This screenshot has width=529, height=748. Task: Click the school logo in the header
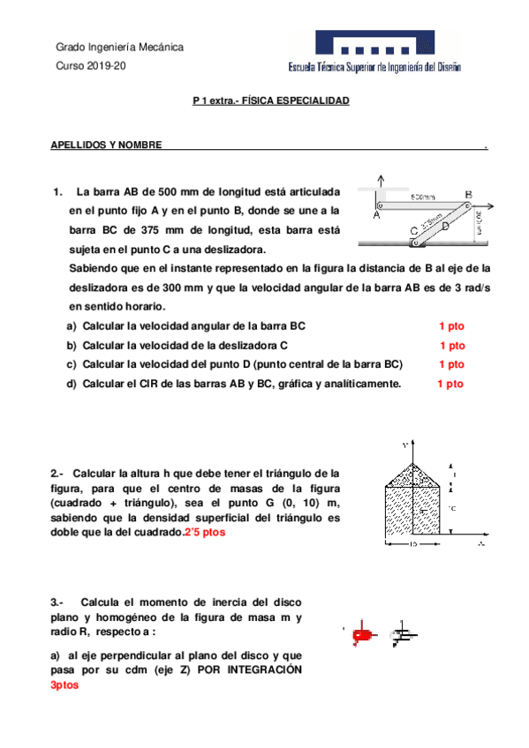[374, 52]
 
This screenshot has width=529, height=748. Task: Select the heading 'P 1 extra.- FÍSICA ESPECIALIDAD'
[271, 101]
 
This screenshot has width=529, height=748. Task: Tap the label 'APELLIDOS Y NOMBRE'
[106, 145]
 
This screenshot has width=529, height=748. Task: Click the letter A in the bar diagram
[376, 214]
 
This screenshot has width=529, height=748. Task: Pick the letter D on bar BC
[445, 226]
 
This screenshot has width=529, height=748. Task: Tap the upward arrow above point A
[381, 179]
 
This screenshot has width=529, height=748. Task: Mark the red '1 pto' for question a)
[451, 326]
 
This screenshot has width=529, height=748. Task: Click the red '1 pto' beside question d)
[450, 384]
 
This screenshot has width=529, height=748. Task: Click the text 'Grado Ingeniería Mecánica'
[119, 47]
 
